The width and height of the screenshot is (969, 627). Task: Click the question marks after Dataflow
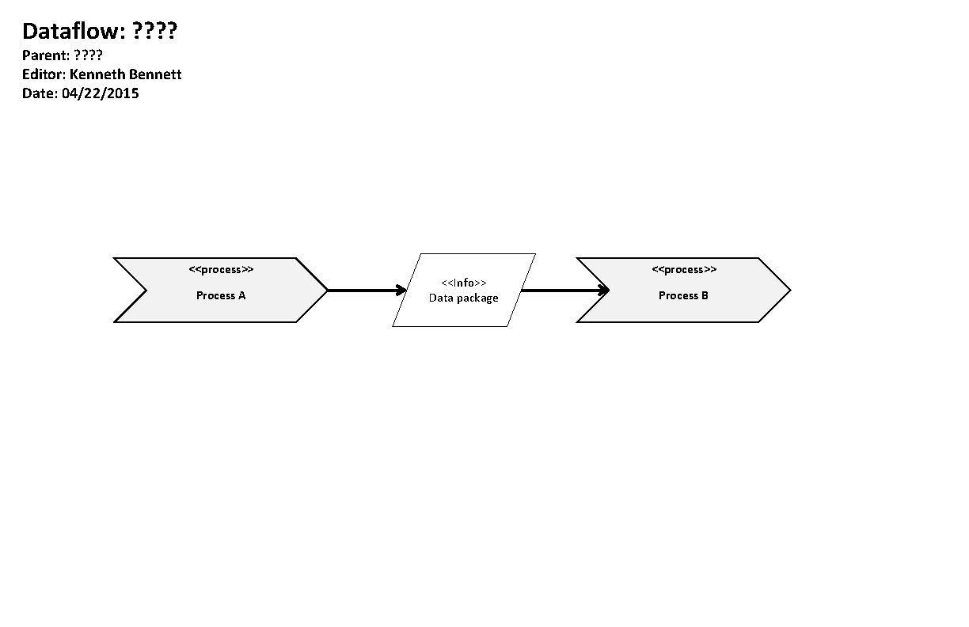click(154, 32)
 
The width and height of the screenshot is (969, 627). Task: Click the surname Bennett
click(157, 74)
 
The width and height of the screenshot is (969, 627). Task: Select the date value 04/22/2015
click(100, 93)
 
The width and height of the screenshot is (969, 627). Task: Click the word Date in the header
click(38, 93)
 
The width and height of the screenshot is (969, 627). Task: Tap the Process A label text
click(221, 295)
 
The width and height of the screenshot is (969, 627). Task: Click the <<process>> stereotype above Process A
click(221, 270)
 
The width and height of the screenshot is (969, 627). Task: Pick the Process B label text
click(683, 295)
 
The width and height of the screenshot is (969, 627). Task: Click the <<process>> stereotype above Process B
click(684, 270)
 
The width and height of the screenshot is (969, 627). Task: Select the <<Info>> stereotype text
click(464, 283)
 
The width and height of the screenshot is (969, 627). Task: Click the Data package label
click(464, 298)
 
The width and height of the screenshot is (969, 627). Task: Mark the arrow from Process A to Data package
click(364, 291)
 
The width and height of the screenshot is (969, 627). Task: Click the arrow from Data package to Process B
click(562, 291)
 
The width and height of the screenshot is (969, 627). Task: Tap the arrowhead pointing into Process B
click(604, 291)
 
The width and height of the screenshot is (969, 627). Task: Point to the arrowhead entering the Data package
click(401, 291)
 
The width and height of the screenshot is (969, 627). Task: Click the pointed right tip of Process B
click(788, 291)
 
